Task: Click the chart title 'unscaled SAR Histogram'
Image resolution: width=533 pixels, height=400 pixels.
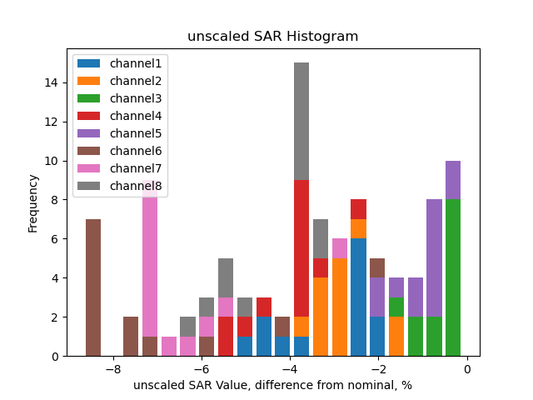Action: pyautogui.click(x=272, y=37)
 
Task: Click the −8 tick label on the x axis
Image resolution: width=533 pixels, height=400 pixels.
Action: pyautogui.click(x=112, y=370)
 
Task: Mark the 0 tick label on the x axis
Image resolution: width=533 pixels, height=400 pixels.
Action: pyautogui.click(x=467, y=370)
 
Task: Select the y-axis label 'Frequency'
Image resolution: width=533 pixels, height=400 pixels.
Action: pyautogui.click(x=33, y=202)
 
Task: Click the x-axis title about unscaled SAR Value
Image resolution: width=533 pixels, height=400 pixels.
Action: pyautogui.click(x=272, y=385)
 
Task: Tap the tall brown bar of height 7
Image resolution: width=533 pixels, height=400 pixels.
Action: pyautogui.click(x=93, y=287)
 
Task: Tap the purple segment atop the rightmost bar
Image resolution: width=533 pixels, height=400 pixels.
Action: pyautogui.click(x=453, y=180)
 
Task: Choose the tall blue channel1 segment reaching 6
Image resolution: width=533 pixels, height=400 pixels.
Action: pyautogui.click(x=358, y=297)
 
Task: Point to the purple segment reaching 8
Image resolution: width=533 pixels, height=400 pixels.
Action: pyautogui.click(x=434, y=258)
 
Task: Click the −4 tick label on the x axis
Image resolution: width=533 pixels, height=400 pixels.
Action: pyautogui.click(x=290, y=370)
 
